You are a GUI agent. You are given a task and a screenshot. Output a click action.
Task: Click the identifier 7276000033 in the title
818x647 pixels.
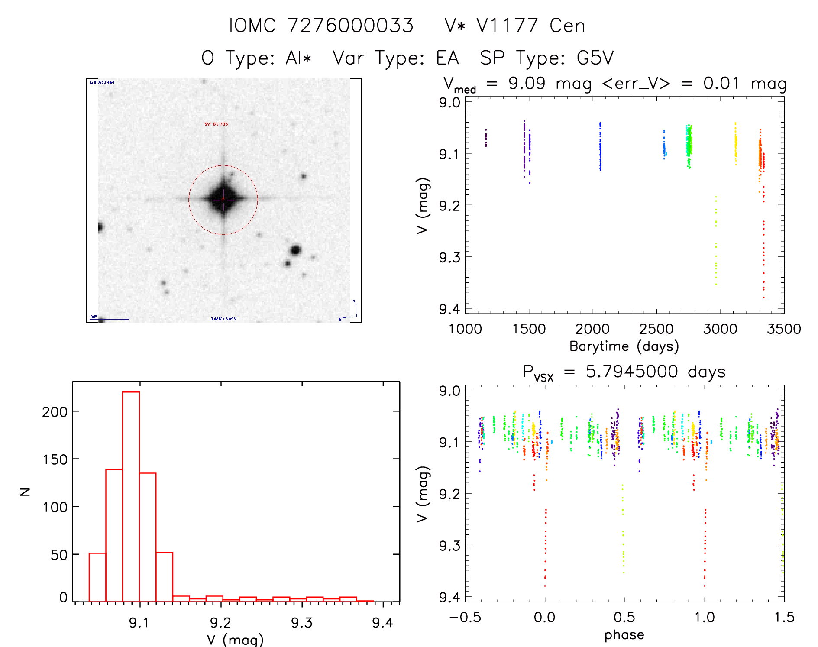pos(350,26)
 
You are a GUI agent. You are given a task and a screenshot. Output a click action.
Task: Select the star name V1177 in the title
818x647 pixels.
pos(507,26)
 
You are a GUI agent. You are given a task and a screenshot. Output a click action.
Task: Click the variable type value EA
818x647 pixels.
pos(447,58)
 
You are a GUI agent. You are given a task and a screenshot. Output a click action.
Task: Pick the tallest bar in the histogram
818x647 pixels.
pos(131,496)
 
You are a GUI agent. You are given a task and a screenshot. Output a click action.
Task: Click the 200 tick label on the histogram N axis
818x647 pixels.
pos(55,411)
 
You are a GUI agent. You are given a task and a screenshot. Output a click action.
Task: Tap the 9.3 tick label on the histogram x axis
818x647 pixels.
pos(301,623)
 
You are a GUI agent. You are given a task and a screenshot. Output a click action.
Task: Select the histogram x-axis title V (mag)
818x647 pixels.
pos(235,640)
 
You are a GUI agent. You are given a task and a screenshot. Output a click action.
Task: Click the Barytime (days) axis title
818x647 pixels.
pos(624,346)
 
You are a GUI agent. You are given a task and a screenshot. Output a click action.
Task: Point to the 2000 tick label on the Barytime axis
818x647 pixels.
pos(592,329)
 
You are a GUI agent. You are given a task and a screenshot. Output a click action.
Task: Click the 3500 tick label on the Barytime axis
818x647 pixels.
pos(783,329)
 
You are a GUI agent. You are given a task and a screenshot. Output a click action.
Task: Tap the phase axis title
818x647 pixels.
pos(624,635)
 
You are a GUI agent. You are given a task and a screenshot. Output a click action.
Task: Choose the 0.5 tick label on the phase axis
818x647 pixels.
pos(624,617)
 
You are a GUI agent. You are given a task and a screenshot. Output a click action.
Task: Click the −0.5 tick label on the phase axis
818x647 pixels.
pos(465,617)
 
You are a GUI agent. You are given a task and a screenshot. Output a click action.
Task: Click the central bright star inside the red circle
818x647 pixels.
pos(223,199)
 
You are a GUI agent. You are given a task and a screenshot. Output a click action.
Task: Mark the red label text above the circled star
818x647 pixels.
pos(216,124)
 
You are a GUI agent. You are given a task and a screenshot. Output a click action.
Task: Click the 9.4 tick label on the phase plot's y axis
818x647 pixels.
pos(449,597)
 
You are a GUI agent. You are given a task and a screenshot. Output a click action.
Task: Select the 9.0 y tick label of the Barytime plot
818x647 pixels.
pos(449,103)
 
